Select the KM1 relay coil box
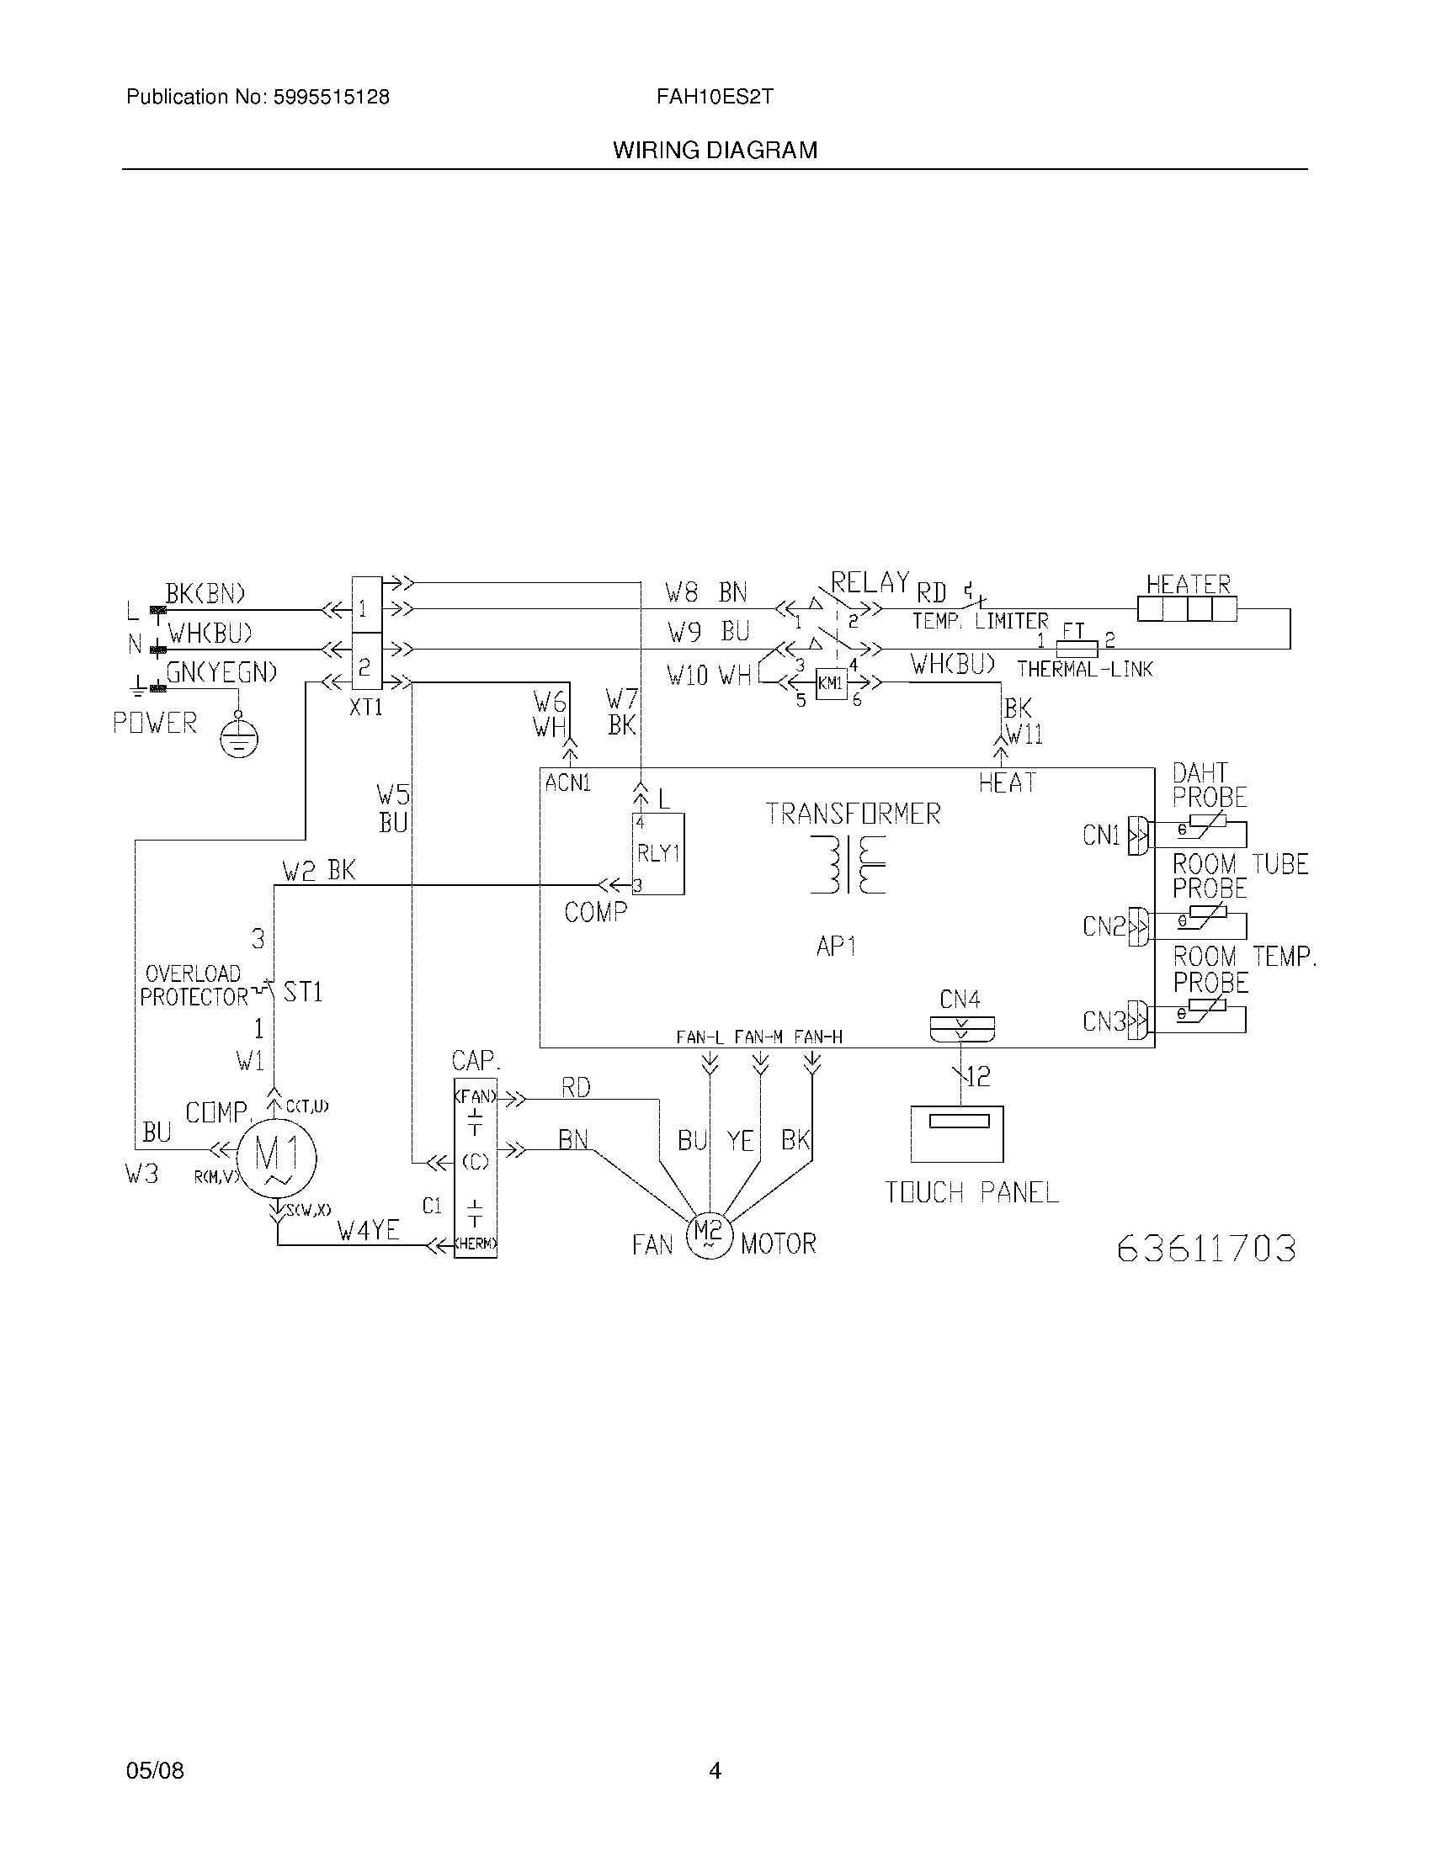(831, 683)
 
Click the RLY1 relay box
(659, 853)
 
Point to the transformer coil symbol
(848, 863)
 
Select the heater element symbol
(1187, 609)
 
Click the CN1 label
(1101, 835)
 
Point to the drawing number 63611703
(1206, 1249)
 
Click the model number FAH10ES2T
(715, 97)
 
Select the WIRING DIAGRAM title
(715, 150)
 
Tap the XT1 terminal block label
(366, 707)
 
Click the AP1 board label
(836, 946)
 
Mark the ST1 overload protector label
(303, 992)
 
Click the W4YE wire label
(368, 1230)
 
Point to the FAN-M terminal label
(758, 1037)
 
